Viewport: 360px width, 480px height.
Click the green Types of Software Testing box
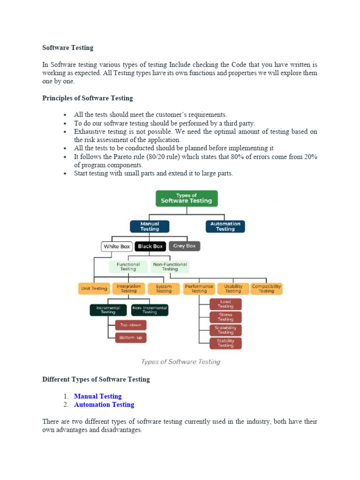(187, 198)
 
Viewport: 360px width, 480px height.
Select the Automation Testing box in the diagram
(225, 226)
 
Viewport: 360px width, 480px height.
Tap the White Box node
(117, 246)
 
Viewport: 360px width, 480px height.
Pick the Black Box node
(150, 246)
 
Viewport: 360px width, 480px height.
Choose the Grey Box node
(184, 246)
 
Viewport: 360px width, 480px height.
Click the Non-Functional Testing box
(170, 267)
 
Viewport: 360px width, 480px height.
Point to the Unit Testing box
(94, 288)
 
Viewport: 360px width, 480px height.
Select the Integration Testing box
(128, 288)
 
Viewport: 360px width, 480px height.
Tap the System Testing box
(163, 288)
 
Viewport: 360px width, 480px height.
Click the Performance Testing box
(199, 288)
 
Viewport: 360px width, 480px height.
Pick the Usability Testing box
(233, 288)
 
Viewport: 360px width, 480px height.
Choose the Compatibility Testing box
(266, 288)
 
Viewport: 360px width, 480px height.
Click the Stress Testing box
(225, 317)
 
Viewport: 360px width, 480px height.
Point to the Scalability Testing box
(225, 330)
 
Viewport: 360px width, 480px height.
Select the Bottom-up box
(131, 337)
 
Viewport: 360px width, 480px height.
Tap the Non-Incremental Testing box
(150, 310)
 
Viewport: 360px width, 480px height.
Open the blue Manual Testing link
(97, 396)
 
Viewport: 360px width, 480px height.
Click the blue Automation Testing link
(104, 405)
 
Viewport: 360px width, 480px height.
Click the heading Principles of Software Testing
(88, 98)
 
